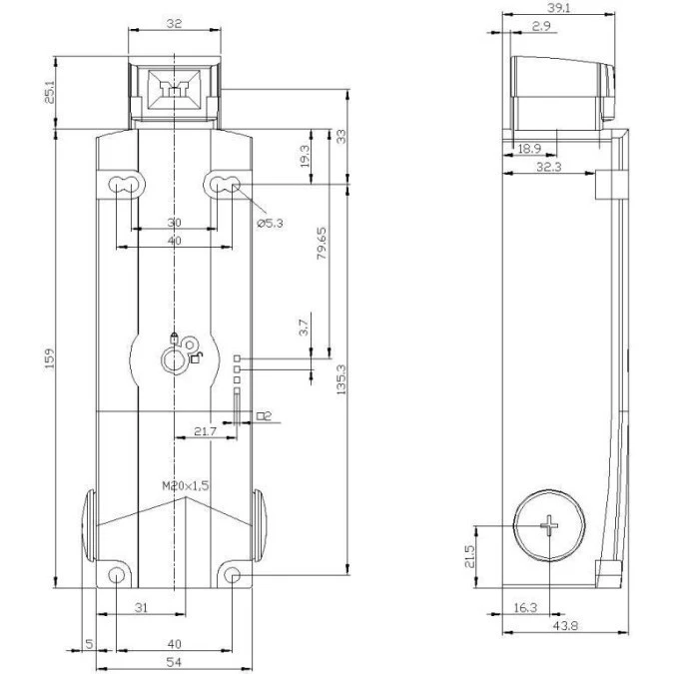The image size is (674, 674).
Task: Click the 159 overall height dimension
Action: coord(50,357)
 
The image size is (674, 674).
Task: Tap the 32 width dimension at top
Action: coord(174,24)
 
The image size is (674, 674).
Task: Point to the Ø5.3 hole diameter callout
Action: coord(270,223)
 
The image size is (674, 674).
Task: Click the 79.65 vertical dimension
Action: coord(322,244)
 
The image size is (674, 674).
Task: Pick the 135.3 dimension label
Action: coord(340,380)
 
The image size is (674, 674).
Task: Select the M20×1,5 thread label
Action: coord(186,485)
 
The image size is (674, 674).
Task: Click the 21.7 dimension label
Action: coord(205,431)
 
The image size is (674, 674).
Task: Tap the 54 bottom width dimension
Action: coord(174,662)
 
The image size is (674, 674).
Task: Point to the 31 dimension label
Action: coord(141,607)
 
